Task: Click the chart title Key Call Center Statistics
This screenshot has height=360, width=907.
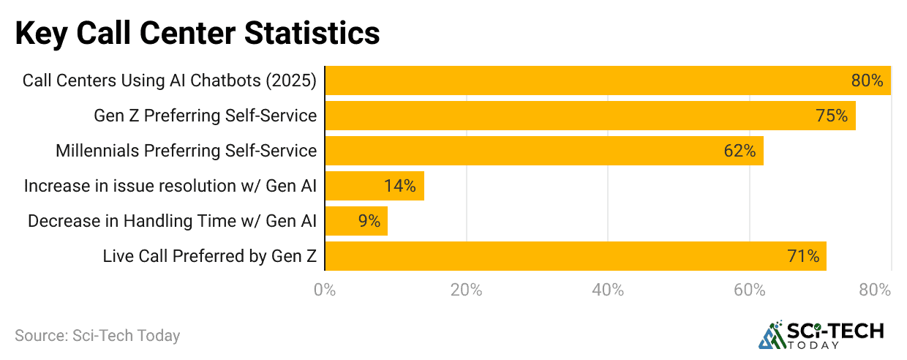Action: point(197,33)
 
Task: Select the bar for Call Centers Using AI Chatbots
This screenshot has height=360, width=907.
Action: point(607,80)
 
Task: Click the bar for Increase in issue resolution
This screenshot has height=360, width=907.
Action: point(374,186)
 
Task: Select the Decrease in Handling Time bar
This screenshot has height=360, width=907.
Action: point(355,221)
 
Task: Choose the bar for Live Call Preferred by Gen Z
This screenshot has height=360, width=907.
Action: point(575,256)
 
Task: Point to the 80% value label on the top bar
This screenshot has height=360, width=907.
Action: point(867,80)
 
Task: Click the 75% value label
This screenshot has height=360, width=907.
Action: point(832,116)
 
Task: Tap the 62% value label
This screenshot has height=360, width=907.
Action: point(739,151)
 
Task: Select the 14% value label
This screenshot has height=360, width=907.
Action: point(400,186)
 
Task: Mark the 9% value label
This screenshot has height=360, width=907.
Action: point(369,221)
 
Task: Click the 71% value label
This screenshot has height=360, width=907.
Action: point(803,256)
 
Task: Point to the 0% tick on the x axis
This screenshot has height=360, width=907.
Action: point(325,290)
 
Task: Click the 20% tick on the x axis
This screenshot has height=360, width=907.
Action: point(466,290)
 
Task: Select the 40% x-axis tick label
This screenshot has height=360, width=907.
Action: point(608,290)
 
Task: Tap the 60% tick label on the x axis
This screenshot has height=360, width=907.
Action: point(749,290)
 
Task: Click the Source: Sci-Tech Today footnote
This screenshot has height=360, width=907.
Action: point(97,336)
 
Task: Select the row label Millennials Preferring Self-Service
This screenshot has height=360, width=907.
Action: point(186,151)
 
